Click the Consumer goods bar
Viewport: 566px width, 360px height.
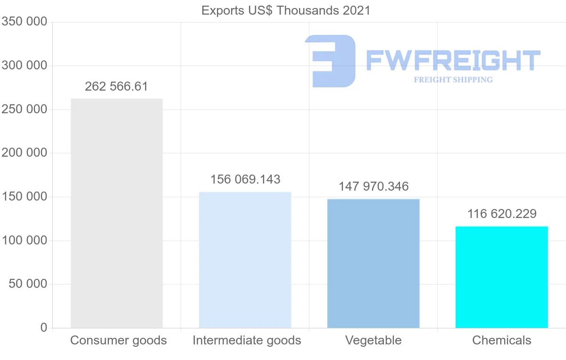point(117,213)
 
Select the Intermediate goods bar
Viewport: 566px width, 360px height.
point(245,260)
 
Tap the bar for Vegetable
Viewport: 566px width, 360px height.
point(373,263)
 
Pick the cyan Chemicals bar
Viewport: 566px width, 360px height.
point(501,277)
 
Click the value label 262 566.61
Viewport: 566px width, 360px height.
point(117,87)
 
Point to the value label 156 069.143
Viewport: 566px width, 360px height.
point(245,180)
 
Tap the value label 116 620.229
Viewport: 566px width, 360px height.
point(502,214)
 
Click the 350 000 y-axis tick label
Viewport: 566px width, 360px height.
point(25,22)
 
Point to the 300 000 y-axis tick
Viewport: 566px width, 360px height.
point(25,66)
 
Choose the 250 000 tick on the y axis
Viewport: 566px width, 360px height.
point(25,109)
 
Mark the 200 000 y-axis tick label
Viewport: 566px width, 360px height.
point(25,153)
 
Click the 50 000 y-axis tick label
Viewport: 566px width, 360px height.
point(28,284)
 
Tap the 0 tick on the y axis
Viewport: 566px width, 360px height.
point(44,327)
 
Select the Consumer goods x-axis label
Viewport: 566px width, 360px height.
point(118,341)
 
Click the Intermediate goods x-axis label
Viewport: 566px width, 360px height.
point(247,341)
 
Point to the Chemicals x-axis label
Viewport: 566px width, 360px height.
point(501,341)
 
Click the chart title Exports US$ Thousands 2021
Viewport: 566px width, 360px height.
point(286,11)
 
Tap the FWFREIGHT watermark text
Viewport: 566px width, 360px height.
point(453,60)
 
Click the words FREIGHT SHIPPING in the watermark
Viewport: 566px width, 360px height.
point(453,80)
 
